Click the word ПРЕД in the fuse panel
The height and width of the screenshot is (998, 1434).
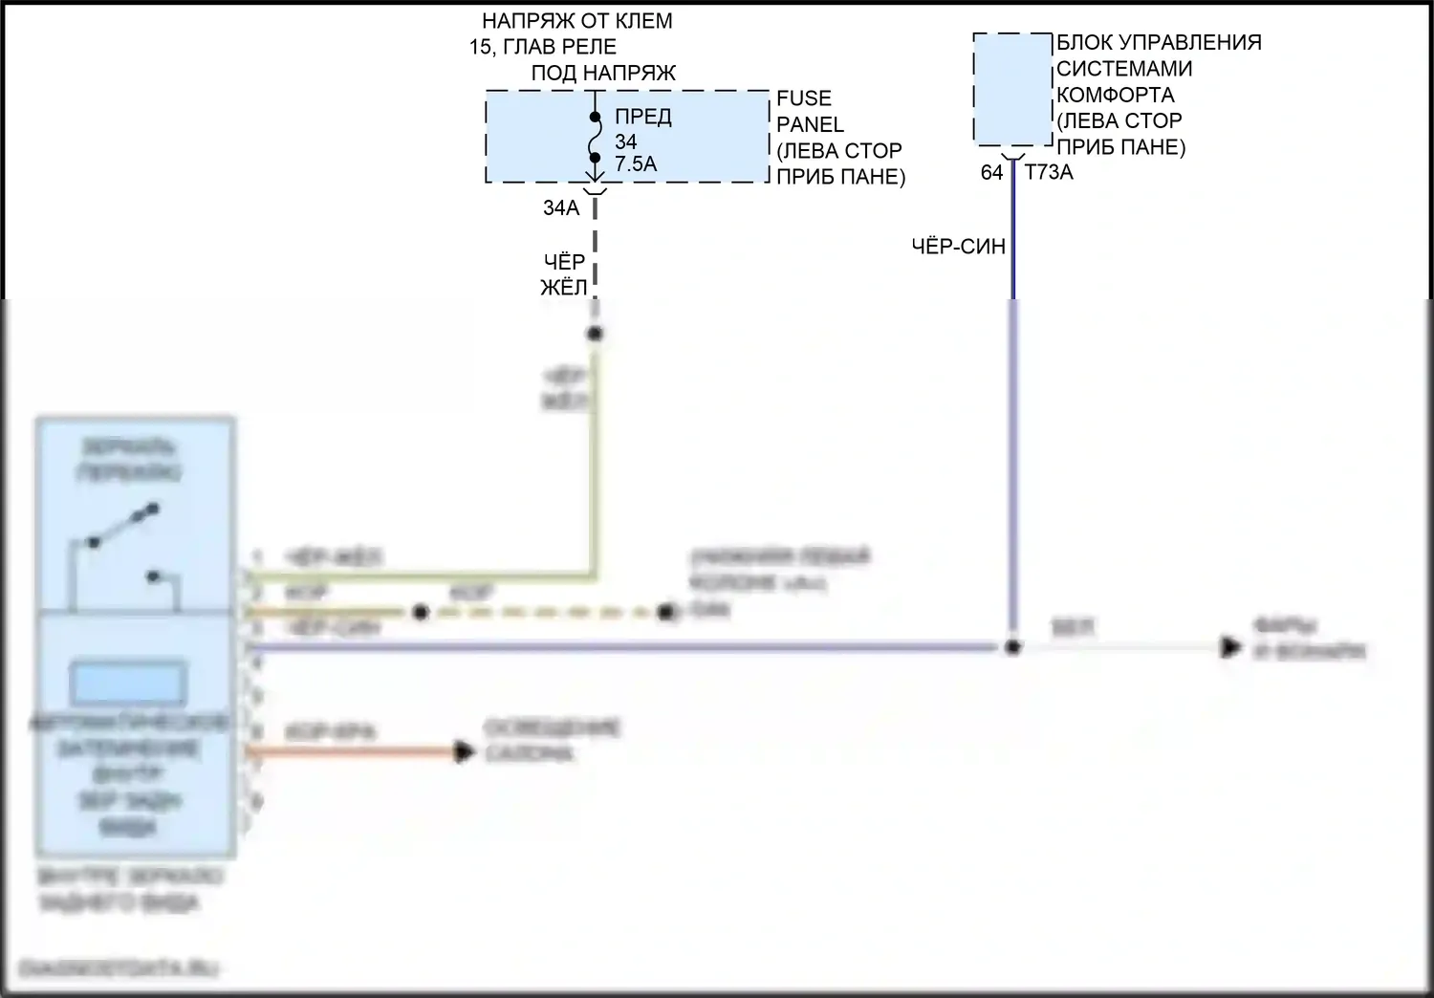pos(642,117)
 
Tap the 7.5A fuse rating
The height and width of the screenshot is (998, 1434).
pos(636,163)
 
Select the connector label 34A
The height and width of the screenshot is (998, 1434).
pos(561,207)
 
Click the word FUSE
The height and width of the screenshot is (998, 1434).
pos(804,98)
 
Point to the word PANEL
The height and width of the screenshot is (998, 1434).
pos(810,124)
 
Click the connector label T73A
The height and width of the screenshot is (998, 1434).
pos(1049,172)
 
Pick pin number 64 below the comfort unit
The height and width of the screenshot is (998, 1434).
pos(991,172)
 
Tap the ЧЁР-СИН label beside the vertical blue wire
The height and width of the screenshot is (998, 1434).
pos(958,247)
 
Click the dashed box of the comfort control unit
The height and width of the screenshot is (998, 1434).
pos(1012,90)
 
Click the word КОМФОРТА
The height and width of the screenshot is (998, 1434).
pos(1115,95)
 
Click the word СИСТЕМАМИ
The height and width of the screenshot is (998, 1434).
pos(1124,69)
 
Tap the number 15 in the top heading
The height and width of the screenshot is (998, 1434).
pos(480,47)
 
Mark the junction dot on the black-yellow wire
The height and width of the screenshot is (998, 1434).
pos(595,334)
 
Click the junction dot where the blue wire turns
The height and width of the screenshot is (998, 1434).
pos(1012,648)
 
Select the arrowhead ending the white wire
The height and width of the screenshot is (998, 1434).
pos(1230,648)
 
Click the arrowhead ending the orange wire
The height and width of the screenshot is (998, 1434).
pos(465,752)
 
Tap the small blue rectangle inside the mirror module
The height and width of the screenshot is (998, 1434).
pos(128,682)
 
